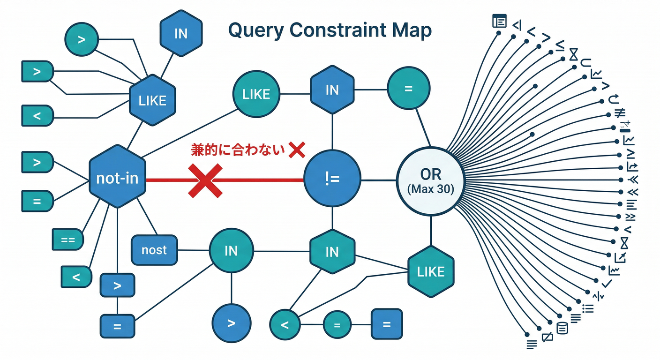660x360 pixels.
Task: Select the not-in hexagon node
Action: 117,177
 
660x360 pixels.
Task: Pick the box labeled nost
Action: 154,250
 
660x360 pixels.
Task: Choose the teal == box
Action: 68,239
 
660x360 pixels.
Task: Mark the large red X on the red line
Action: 205,180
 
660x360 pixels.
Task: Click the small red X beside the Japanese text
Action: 297,150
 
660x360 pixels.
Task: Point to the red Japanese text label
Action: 238,150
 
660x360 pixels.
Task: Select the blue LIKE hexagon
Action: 153,100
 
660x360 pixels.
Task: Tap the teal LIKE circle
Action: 256,94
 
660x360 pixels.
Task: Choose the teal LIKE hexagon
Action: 430,271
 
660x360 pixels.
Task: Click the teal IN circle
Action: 231,251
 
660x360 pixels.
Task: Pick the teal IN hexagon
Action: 332,252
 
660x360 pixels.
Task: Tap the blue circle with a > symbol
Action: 231,323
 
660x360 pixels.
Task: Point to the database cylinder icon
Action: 562,328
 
